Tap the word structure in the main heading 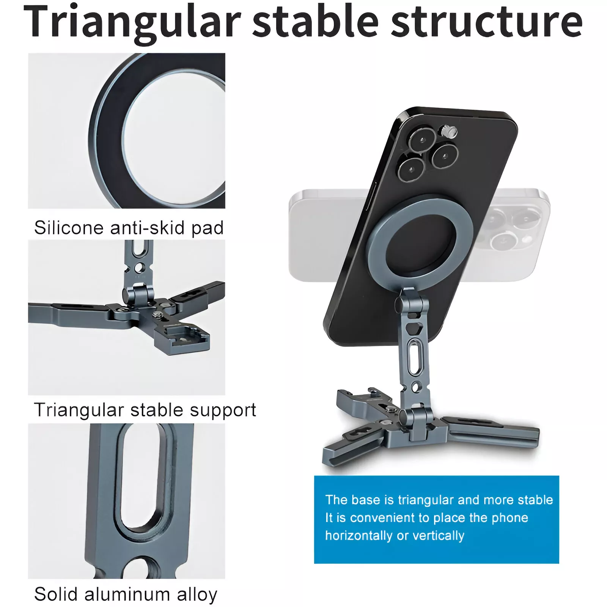coord(487,22)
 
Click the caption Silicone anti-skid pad coord(129,228)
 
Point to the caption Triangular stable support coord(145,410)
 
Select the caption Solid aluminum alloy coord(126,594)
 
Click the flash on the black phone coord(450,132)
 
